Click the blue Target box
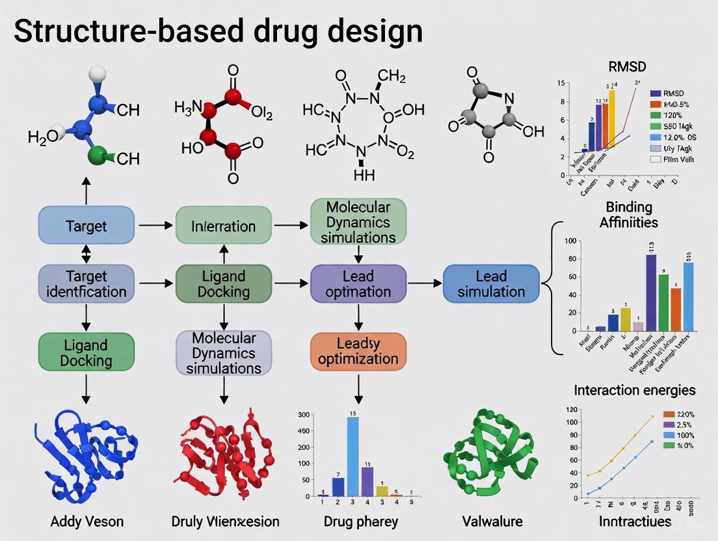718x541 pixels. click(x=86, y=226)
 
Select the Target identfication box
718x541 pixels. click(x=86, y=284)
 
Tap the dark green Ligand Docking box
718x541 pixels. click(x=224, y=284)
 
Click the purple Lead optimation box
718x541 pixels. click(x=358, y=284)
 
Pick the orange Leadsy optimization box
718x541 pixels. click(x=358, y=350)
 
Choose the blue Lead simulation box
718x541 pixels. click(x=491, y=284)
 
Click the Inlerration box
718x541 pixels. click(x=224, y=226)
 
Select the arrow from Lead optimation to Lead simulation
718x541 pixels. click(x=424, y=284)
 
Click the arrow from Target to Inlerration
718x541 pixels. click(x=155, y=226)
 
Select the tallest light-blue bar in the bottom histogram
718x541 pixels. click(x=352, y=456)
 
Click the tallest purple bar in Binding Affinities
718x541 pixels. click(x=650, y=293)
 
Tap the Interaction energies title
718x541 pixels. click(x=635, y=390)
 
